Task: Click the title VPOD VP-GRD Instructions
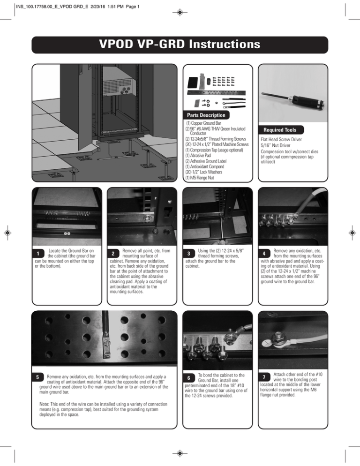pos(180,45)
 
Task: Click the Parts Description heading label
pos(207,115)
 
